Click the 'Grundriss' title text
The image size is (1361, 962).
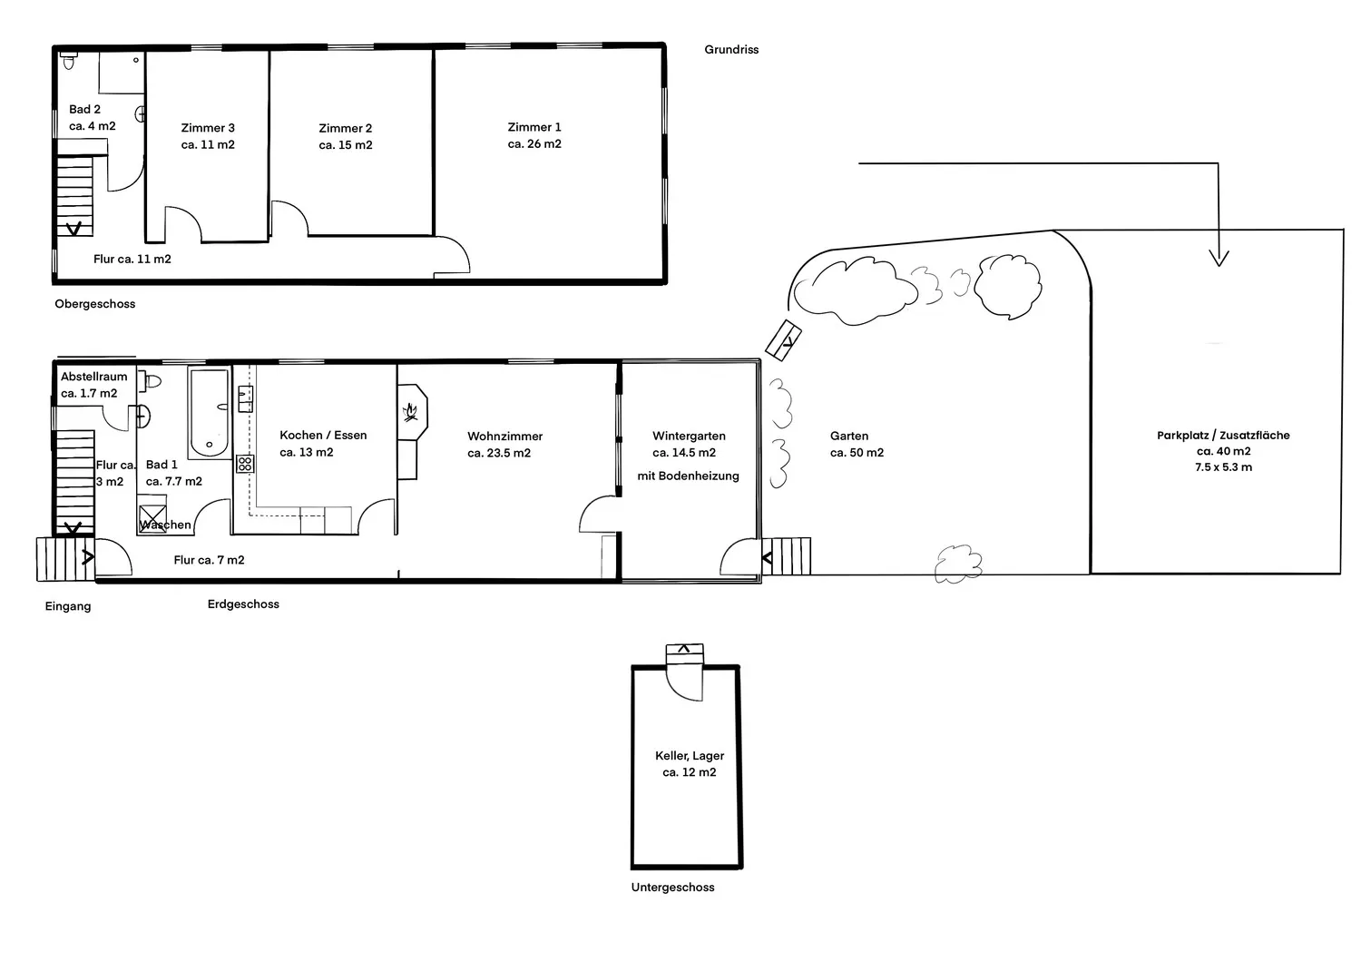point(731,50)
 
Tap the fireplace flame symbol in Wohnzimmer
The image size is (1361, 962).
point(411,413)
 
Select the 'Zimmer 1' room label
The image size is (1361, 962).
point(534,127)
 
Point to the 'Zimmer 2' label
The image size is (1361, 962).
point(345,128)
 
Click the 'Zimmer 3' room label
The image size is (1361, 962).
point(207,128)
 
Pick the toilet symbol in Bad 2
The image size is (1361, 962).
point(69,60)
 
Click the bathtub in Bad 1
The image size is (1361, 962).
point(209,413)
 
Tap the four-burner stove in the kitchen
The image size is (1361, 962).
point(245,465)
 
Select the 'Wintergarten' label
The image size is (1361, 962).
point(689,437)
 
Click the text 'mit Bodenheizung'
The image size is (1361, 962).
point(688,476)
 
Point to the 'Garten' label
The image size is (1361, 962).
point(848,436)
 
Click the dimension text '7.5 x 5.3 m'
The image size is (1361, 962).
point(1223,467)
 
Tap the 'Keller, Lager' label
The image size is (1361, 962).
point(689,756)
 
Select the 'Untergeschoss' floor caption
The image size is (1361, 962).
point(672,888)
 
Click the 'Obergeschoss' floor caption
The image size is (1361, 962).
point(94,304)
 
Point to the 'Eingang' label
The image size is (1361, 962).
point(68,606)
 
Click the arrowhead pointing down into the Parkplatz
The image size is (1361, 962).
point(1219,258)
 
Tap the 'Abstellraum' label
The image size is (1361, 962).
point(93,377)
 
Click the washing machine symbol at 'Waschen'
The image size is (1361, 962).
point(152,514)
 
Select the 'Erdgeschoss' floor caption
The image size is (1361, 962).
point(243,604)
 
